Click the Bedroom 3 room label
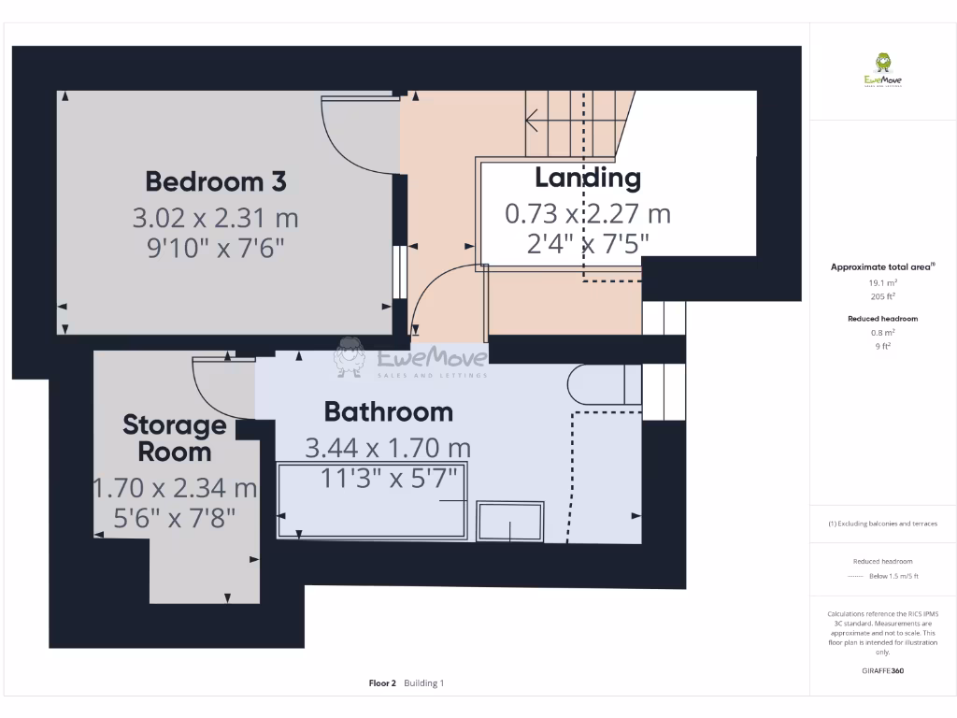point(215,179)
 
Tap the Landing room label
point(587,177)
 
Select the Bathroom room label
point(388,411)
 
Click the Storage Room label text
point(175,438)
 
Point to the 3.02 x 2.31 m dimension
point(215,218)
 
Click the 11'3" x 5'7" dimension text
point(388,478)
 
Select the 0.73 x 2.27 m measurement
point(587,213)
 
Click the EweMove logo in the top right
point(882,70)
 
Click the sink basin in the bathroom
point(509,521)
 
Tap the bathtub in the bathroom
point(372,501)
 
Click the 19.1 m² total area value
point(883,281)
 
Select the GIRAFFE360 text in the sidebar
point(883,670)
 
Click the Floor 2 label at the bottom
point(382,683)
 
